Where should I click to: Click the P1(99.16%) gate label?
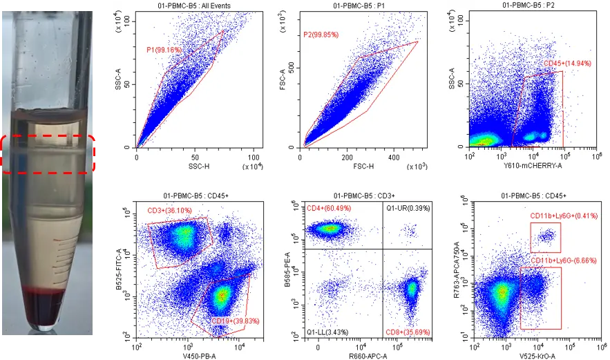tap(164, 50)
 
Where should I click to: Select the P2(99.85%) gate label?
tap(321, 35)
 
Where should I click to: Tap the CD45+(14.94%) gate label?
tap(567, 64)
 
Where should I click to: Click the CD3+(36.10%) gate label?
tap(170, 211)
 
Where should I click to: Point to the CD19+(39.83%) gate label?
tap(236, 321)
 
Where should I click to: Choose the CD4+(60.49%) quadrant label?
tap(329, 208)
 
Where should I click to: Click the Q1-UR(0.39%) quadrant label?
tap(408, 208)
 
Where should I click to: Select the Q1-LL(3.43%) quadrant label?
tap(327, 332)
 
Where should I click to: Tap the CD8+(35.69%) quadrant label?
tap(408, 332)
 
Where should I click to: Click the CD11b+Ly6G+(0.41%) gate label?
tap(564, 216)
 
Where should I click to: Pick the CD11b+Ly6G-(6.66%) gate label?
tap(563, 260)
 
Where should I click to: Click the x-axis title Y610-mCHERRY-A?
tap(533, 166)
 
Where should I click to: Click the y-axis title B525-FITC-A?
tap(120, 269)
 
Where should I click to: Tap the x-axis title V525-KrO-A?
tap(537, 356)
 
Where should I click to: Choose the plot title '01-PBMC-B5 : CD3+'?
tap(363, 196)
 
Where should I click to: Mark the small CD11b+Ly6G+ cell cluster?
tap(547, 236)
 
